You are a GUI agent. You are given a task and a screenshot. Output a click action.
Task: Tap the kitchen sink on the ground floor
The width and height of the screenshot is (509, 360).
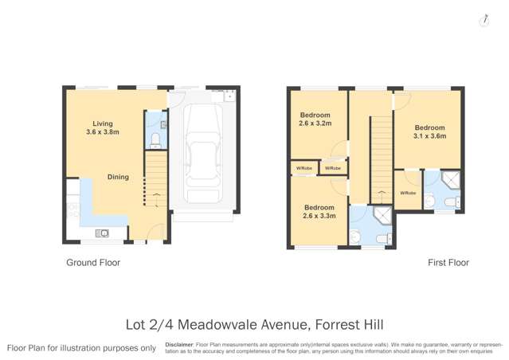click(102, 233)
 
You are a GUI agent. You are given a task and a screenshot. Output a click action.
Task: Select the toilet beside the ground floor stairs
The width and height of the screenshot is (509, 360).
click(156, 140)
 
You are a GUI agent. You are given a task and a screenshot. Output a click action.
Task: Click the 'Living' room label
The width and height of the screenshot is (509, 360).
click(102, 123)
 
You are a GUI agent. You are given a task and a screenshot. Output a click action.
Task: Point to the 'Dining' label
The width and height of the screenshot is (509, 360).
click(118, 178)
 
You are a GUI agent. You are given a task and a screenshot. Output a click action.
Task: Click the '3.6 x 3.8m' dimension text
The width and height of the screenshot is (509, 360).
click(102, 132)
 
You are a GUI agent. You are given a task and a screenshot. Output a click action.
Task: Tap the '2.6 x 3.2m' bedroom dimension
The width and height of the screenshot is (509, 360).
click(315, 123)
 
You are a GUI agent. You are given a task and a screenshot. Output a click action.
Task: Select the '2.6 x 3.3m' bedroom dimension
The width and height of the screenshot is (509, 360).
click(319, 215)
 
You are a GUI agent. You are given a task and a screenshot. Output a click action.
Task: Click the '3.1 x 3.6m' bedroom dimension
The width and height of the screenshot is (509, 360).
click(429, 135)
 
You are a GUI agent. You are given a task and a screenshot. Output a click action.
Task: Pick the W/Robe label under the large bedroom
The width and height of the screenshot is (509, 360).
click(407, 193)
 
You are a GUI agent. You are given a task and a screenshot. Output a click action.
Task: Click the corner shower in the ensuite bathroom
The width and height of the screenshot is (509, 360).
click(452, 180)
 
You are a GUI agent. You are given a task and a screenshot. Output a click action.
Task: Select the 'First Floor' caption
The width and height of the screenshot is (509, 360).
click(448, 262)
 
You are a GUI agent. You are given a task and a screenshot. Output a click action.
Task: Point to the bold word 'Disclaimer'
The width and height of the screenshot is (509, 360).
click(180, 344)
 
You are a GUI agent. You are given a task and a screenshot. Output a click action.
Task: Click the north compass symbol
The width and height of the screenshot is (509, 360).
click(484, 21)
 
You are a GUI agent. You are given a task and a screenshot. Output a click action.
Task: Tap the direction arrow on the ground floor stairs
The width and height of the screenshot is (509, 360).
click(156, 195)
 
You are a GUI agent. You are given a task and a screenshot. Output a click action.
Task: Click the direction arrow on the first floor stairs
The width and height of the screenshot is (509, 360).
click(381, 192)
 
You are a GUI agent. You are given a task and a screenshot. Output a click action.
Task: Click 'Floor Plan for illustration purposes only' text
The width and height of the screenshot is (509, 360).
click(81, 348)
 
